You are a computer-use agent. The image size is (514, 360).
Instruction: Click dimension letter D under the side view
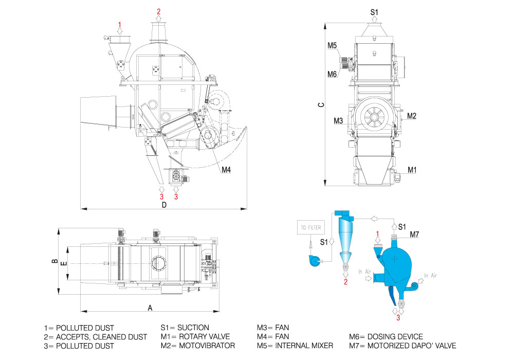tap(164, 205)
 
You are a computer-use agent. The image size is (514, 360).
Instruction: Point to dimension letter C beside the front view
tap(321, 104)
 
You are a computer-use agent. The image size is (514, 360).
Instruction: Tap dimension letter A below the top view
tap(150, 308)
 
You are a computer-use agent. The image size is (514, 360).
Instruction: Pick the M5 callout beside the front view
tap(333, 45)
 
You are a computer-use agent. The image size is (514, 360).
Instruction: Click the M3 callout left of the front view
tap(338, 120)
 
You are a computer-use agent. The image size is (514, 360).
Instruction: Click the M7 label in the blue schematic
tap(415, 235)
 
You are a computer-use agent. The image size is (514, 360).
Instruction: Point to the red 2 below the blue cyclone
tap(345, 281)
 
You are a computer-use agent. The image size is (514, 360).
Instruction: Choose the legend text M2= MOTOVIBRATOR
tap(198, 346)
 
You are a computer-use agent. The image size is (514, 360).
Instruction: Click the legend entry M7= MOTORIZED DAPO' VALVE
tap(402, 346)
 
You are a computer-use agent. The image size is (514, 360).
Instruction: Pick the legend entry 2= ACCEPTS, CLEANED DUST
tap(96, 337)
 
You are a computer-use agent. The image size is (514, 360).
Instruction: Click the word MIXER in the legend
tap(320, 346)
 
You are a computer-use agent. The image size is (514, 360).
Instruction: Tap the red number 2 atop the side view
tap(159, 11)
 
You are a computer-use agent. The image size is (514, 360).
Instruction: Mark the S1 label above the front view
tap(375, 11)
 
